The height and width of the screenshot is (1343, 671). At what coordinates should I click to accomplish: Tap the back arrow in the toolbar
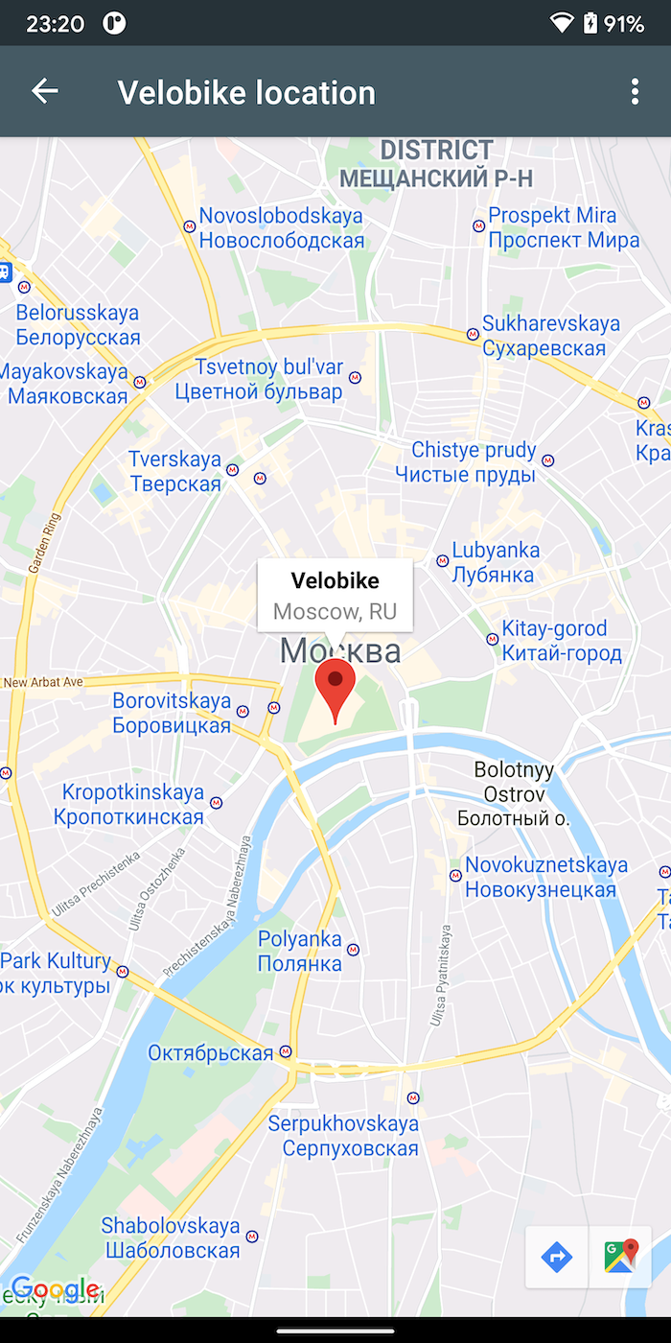point(45,91)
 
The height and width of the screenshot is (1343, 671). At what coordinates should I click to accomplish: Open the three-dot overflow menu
point(634,92)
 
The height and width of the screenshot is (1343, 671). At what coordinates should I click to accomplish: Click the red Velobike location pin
point(335,683)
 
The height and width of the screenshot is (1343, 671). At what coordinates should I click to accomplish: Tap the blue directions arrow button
point(557,1257)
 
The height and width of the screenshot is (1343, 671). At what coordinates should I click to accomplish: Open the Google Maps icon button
point(621,1257)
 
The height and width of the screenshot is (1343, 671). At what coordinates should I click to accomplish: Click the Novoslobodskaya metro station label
point(281,228)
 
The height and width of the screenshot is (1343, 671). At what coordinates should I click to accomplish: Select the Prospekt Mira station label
point(564,228)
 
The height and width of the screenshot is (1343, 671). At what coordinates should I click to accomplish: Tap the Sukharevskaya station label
point(550,336)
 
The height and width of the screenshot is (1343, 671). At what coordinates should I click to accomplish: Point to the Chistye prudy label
point(473,461)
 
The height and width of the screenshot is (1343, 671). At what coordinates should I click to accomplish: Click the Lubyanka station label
point(495,563)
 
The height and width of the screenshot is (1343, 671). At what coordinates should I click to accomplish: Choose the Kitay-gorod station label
point(561,641)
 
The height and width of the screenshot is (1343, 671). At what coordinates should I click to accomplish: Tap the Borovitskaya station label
point(172,713)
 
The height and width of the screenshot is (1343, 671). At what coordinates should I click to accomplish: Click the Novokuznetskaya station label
point(544,877)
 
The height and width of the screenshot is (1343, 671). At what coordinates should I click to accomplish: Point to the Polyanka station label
point(300,951)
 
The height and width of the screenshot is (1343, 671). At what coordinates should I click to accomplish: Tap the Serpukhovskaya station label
point(342,1136)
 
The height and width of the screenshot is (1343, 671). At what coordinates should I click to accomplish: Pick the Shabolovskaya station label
point(171,1237)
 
